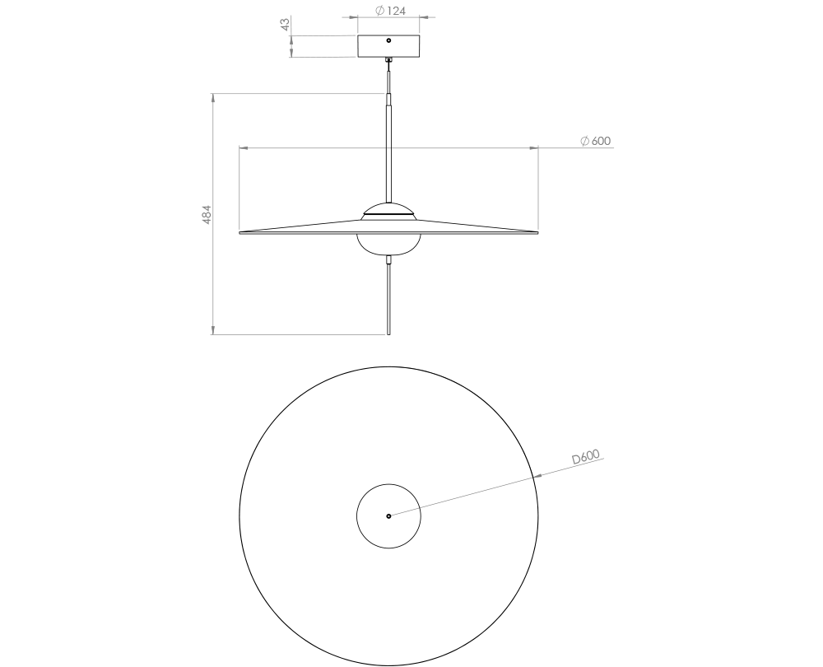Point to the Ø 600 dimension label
click(x=595, y=142)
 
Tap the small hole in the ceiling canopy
click(x=388, y=40)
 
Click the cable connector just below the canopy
click(x=388, y=60)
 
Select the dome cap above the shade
click(x=388, y=208)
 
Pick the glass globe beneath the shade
click(x=388, y=245)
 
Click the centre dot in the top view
click(x=388, y=516)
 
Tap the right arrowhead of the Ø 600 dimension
click(x=534, y=148)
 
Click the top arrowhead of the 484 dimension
click(x=213, y=98)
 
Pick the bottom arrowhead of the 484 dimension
click(x=213, y=330)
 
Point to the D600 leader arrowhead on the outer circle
click(x=536, y=475)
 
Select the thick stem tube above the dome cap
click(x=388, y=148)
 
